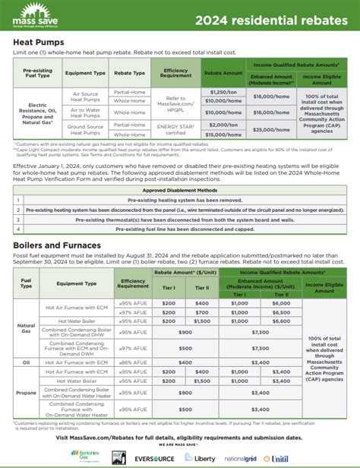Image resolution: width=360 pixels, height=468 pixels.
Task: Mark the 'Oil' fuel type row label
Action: coord(27,363)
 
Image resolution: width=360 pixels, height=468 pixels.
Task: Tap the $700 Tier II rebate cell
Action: coord(201,311)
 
